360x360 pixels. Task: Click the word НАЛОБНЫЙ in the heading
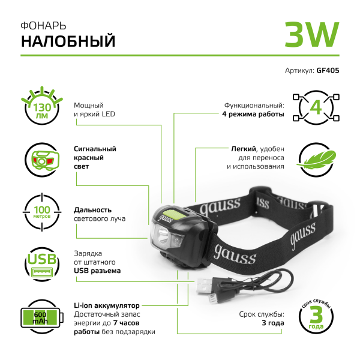pyautogui.click(x=68, y=41)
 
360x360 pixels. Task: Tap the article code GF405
pyautogui.click(x=327, y=70)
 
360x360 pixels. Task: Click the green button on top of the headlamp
pyautogui.click(x=175, y=214)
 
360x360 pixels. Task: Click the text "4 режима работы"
pyautogui.click(x=253, y=114)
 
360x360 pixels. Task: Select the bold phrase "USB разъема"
pyautogui.click(x=97, y=271)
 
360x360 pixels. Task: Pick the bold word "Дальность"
pyautogui.click(x=93, y=210)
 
